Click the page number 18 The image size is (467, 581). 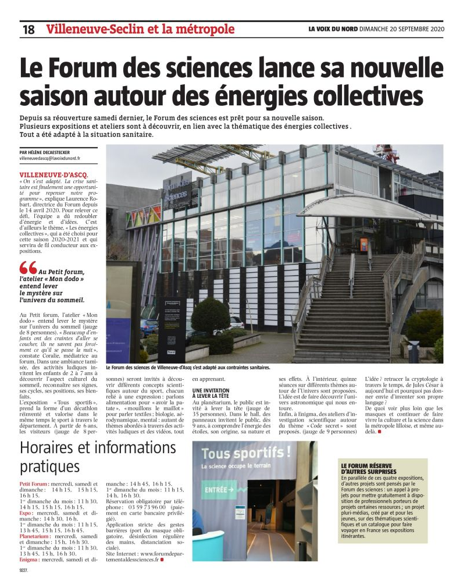coord(28,29)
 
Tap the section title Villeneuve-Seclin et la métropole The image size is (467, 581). coord(140,28)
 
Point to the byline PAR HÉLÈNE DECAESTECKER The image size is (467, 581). coord(53,152)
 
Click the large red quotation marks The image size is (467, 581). coord(27,268)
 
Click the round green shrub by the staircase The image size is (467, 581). coord(210,316)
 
